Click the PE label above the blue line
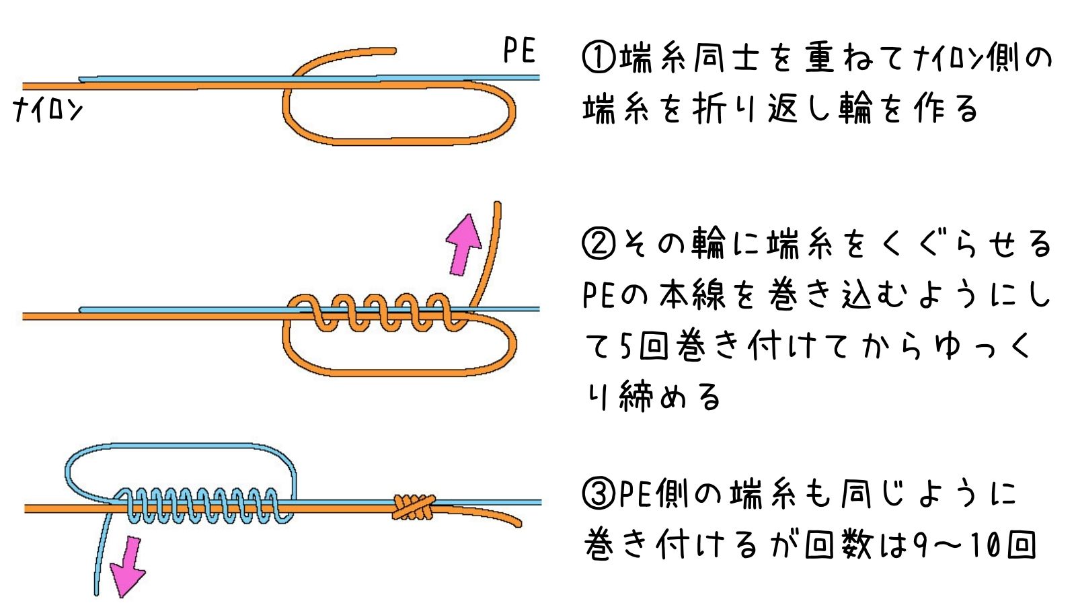click(x=519, y=51)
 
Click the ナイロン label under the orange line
click(x=48, y=109)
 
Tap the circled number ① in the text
click(x=599, y=58)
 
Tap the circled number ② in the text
click(x=599, y=243)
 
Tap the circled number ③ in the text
click(x=599, y=494)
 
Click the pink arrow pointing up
click(x=463, y=243)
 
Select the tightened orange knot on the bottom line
click(x=413, y=507)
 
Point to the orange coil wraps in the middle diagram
click(x=380, y=313)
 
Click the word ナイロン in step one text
click(x=948, y=58)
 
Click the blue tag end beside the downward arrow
click(x=101, y=558)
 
